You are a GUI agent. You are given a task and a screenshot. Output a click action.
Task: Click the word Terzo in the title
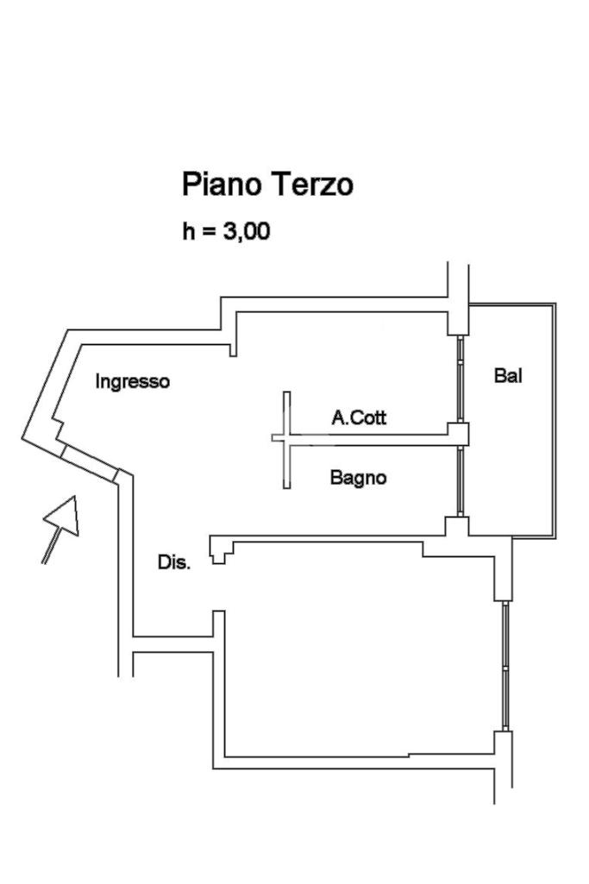tap(313, 185)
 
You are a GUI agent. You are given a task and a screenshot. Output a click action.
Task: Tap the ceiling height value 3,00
tap(247, 232)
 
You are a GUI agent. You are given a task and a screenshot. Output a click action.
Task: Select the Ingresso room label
tap(133, 381)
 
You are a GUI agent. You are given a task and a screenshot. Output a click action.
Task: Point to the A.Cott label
tap(360, 418)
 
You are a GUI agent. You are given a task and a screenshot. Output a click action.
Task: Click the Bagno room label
tap(358, 477)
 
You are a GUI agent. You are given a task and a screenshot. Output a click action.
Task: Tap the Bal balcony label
tap(509, 375)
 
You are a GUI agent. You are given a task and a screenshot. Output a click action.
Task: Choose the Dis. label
tap(174, 562)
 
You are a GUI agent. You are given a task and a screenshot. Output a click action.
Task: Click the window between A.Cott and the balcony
tap(461, 379)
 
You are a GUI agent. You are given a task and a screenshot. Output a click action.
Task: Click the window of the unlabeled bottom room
tap(505, 665)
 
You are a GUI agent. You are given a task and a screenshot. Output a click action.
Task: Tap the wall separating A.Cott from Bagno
tap(371, 439)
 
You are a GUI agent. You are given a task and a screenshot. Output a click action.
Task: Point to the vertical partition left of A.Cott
tap(287, 440)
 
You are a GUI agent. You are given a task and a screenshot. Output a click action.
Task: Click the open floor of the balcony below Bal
tap(509, 466)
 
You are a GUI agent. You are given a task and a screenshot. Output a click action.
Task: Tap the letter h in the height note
tap(188, 232)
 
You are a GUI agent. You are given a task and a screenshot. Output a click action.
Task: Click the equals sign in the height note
tap(210, 233)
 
